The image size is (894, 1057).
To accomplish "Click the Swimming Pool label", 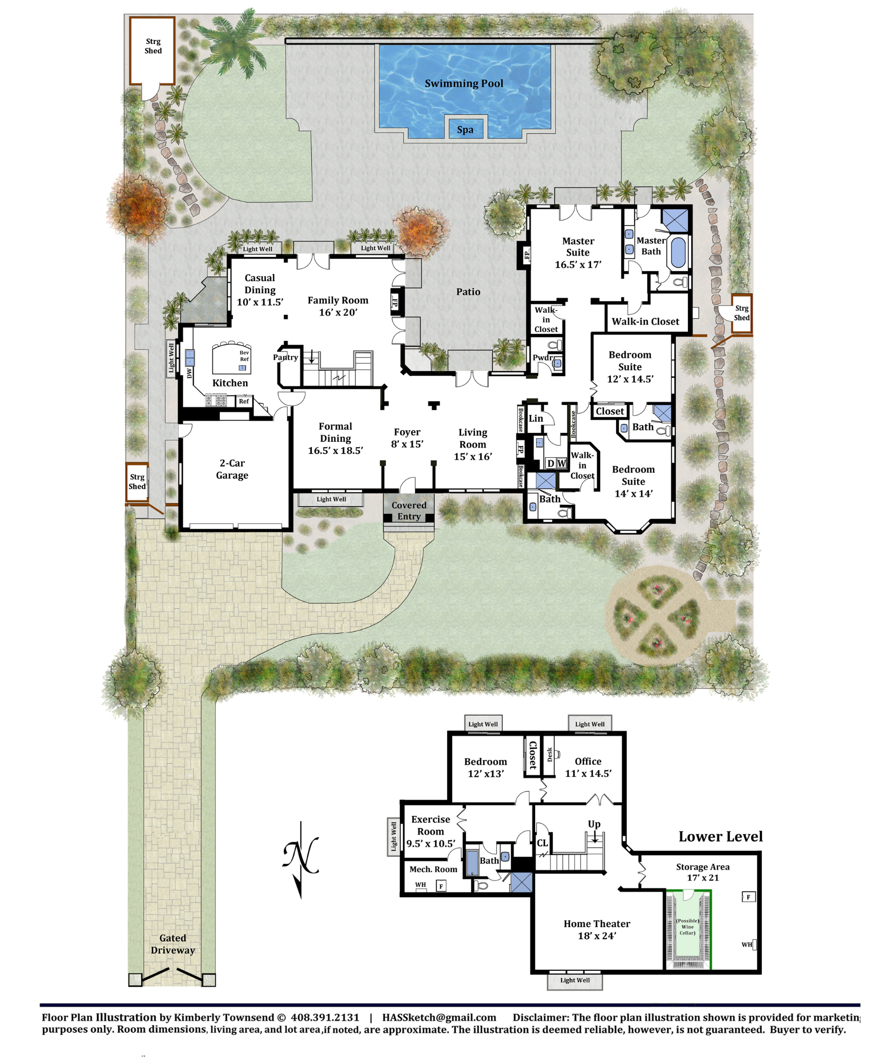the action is [464, 84].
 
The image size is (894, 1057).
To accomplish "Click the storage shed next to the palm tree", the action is [152, 51].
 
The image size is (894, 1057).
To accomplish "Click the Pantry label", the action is [285, 357].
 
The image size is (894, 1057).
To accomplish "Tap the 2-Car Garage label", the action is [232, 469].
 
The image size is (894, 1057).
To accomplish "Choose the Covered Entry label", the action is [409, 511].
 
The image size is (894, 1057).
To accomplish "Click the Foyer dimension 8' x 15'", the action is [407, 444].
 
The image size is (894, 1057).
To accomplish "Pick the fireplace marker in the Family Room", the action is [394, 303].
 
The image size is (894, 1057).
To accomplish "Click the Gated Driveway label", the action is [173, 944].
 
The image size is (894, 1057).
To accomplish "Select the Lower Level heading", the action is [721, 837].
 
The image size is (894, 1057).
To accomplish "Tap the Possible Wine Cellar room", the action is [687, 930].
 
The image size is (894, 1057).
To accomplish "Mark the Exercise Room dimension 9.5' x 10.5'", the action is [431, 843].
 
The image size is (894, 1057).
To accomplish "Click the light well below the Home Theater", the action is [575, 980].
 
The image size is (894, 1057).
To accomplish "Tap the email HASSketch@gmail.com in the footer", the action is [439, 1017].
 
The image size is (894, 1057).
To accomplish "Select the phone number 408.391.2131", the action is [325, 1017].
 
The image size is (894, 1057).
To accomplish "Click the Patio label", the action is [468, 292].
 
